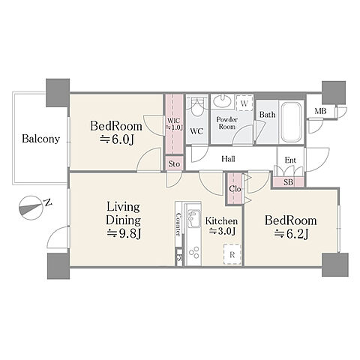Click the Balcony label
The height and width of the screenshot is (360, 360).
pyautogui.click(x=41, y=139)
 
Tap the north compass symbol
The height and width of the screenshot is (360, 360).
pyautogui.click(x=31, y=208)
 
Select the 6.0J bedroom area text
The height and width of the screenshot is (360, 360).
pyautogui.click(x=117, y=139)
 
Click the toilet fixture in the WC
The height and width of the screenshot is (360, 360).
pyautogui.click(x=197, y=107)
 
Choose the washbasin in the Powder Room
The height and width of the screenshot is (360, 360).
pyautogui.click(x=222, y=101)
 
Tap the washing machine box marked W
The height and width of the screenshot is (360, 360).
pyautogui.click(x=244, y=103)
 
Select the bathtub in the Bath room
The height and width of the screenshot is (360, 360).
pyautogui.click(x=291, y=122)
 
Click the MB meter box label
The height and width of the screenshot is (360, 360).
pyautogui.click(x=320, y=111)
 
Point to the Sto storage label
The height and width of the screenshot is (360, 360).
pyautogui.click(x=174, y=164)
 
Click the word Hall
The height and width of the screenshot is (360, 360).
pyautogui.click(x=229, y=159)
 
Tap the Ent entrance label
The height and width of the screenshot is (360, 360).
pyautogui.click(x=290, y=160)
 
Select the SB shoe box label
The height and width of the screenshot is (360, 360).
pyautogui.click(x=288, y=182)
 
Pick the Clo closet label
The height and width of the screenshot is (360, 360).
pyautogui.click(x=235, y=189)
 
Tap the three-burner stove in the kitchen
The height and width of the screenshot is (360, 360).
pyautogui.click(x=194, y=252)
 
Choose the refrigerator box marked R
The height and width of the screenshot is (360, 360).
pyautogui.click(x=232, y=254)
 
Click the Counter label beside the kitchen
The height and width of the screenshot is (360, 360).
pyautogui.click(x=178, y=224)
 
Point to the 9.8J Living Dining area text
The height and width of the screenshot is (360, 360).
pyautogui.click(x=124, y=233)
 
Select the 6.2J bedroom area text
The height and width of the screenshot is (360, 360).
pyautogui.click(x=291, y=234)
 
